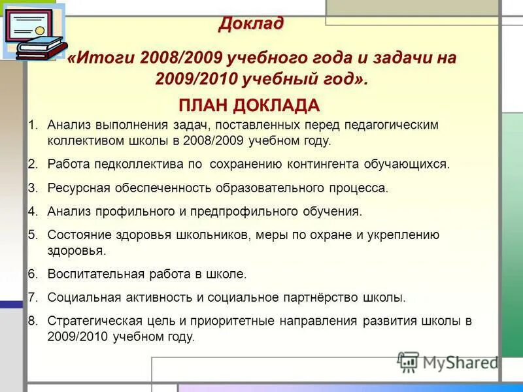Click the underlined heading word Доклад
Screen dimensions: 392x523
point(252,24)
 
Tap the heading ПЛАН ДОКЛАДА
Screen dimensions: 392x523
point(248,106)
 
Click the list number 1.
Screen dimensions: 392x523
point(33,124)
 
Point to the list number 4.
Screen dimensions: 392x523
point(33,211)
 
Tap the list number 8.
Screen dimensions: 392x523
point(33,321)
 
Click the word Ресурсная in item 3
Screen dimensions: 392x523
point(73,188)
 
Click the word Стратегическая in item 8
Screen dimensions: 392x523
point(88,321)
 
